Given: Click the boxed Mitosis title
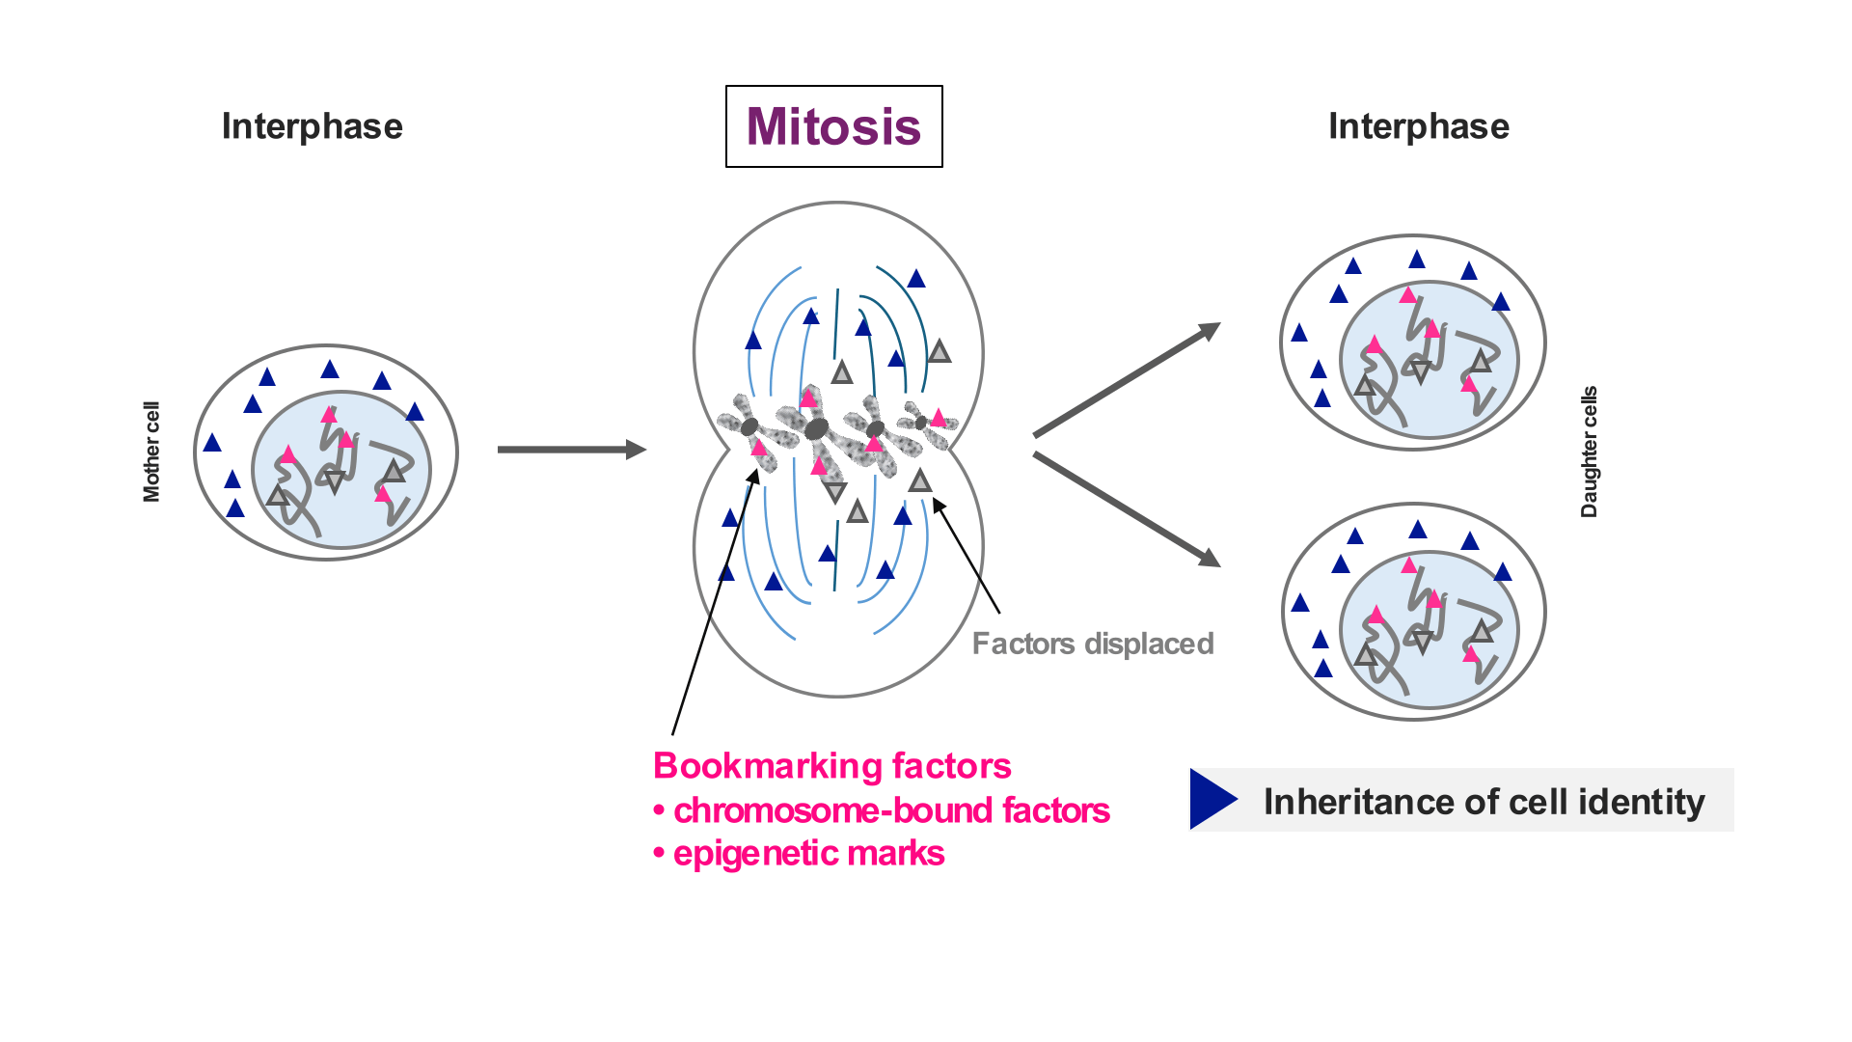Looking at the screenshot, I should (x=833, y=126).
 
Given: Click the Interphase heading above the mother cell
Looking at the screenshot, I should (x=312, y=126).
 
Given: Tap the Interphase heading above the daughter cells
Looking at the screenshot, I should (x=1418, y=126).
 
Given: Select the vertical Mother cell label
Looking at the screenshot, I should (x=151, y=452).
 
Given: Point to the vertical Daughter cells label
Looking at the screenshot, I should (x=1589, y=452).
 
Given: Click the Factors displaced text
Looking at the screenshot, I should (x=1092, y=644).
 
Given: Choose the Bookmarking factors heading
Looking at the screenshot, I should (x=831, y=765).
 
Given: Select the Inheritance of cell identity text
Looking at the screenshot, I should (x=1484, y=802).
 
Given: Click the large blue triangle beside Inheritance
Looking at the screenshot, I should (x=1211, y=799).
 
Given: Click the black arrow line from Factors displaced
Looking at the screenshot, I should (x=967, y=557).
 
